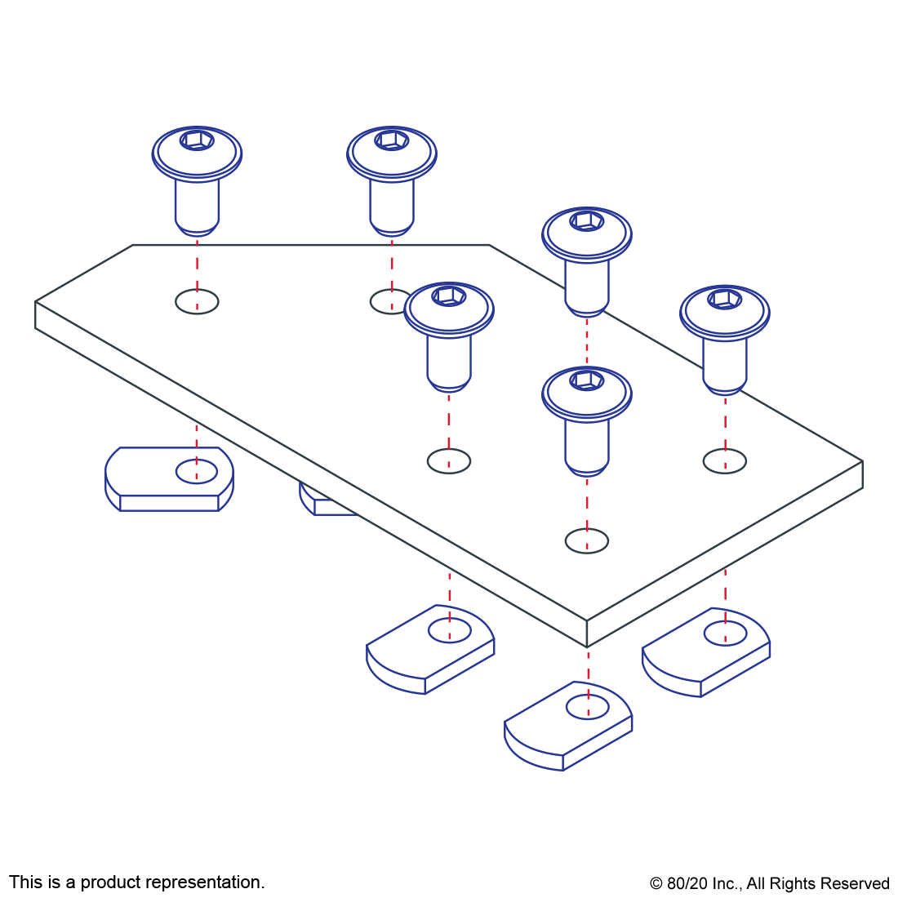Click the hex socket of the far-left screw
pyautogui.click(x=197, y=140)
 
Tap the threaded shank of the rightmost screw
pyautogui.click(x=725, y=363)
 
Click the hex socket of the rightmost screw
pyautogui.click(x=724, y=299)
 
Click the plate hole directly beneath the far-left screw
pyautogui.click(x=197, y=301)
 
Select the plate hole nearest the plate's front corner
pyautogui.click(x=586, y=540)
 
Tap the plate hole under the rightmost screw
pyautogui.click(x=724, y=461)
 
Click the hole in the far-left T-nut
pyautogui.click(x=197, y=471)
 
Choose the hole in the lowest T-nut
pyautogui.click(x=588, y=707)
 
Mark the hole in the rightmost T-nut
pyautogui.click(x=725, y=633)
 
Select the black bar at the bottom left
pyautogui.click(x=136, y=883)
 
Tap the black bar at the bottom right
pyautogui.click(x=769, y=885)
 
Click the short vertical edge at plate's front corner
pyautogui.click(x=587, y=633)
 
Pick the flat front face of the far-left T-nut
pyautogui.click(x=170, y=503)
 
